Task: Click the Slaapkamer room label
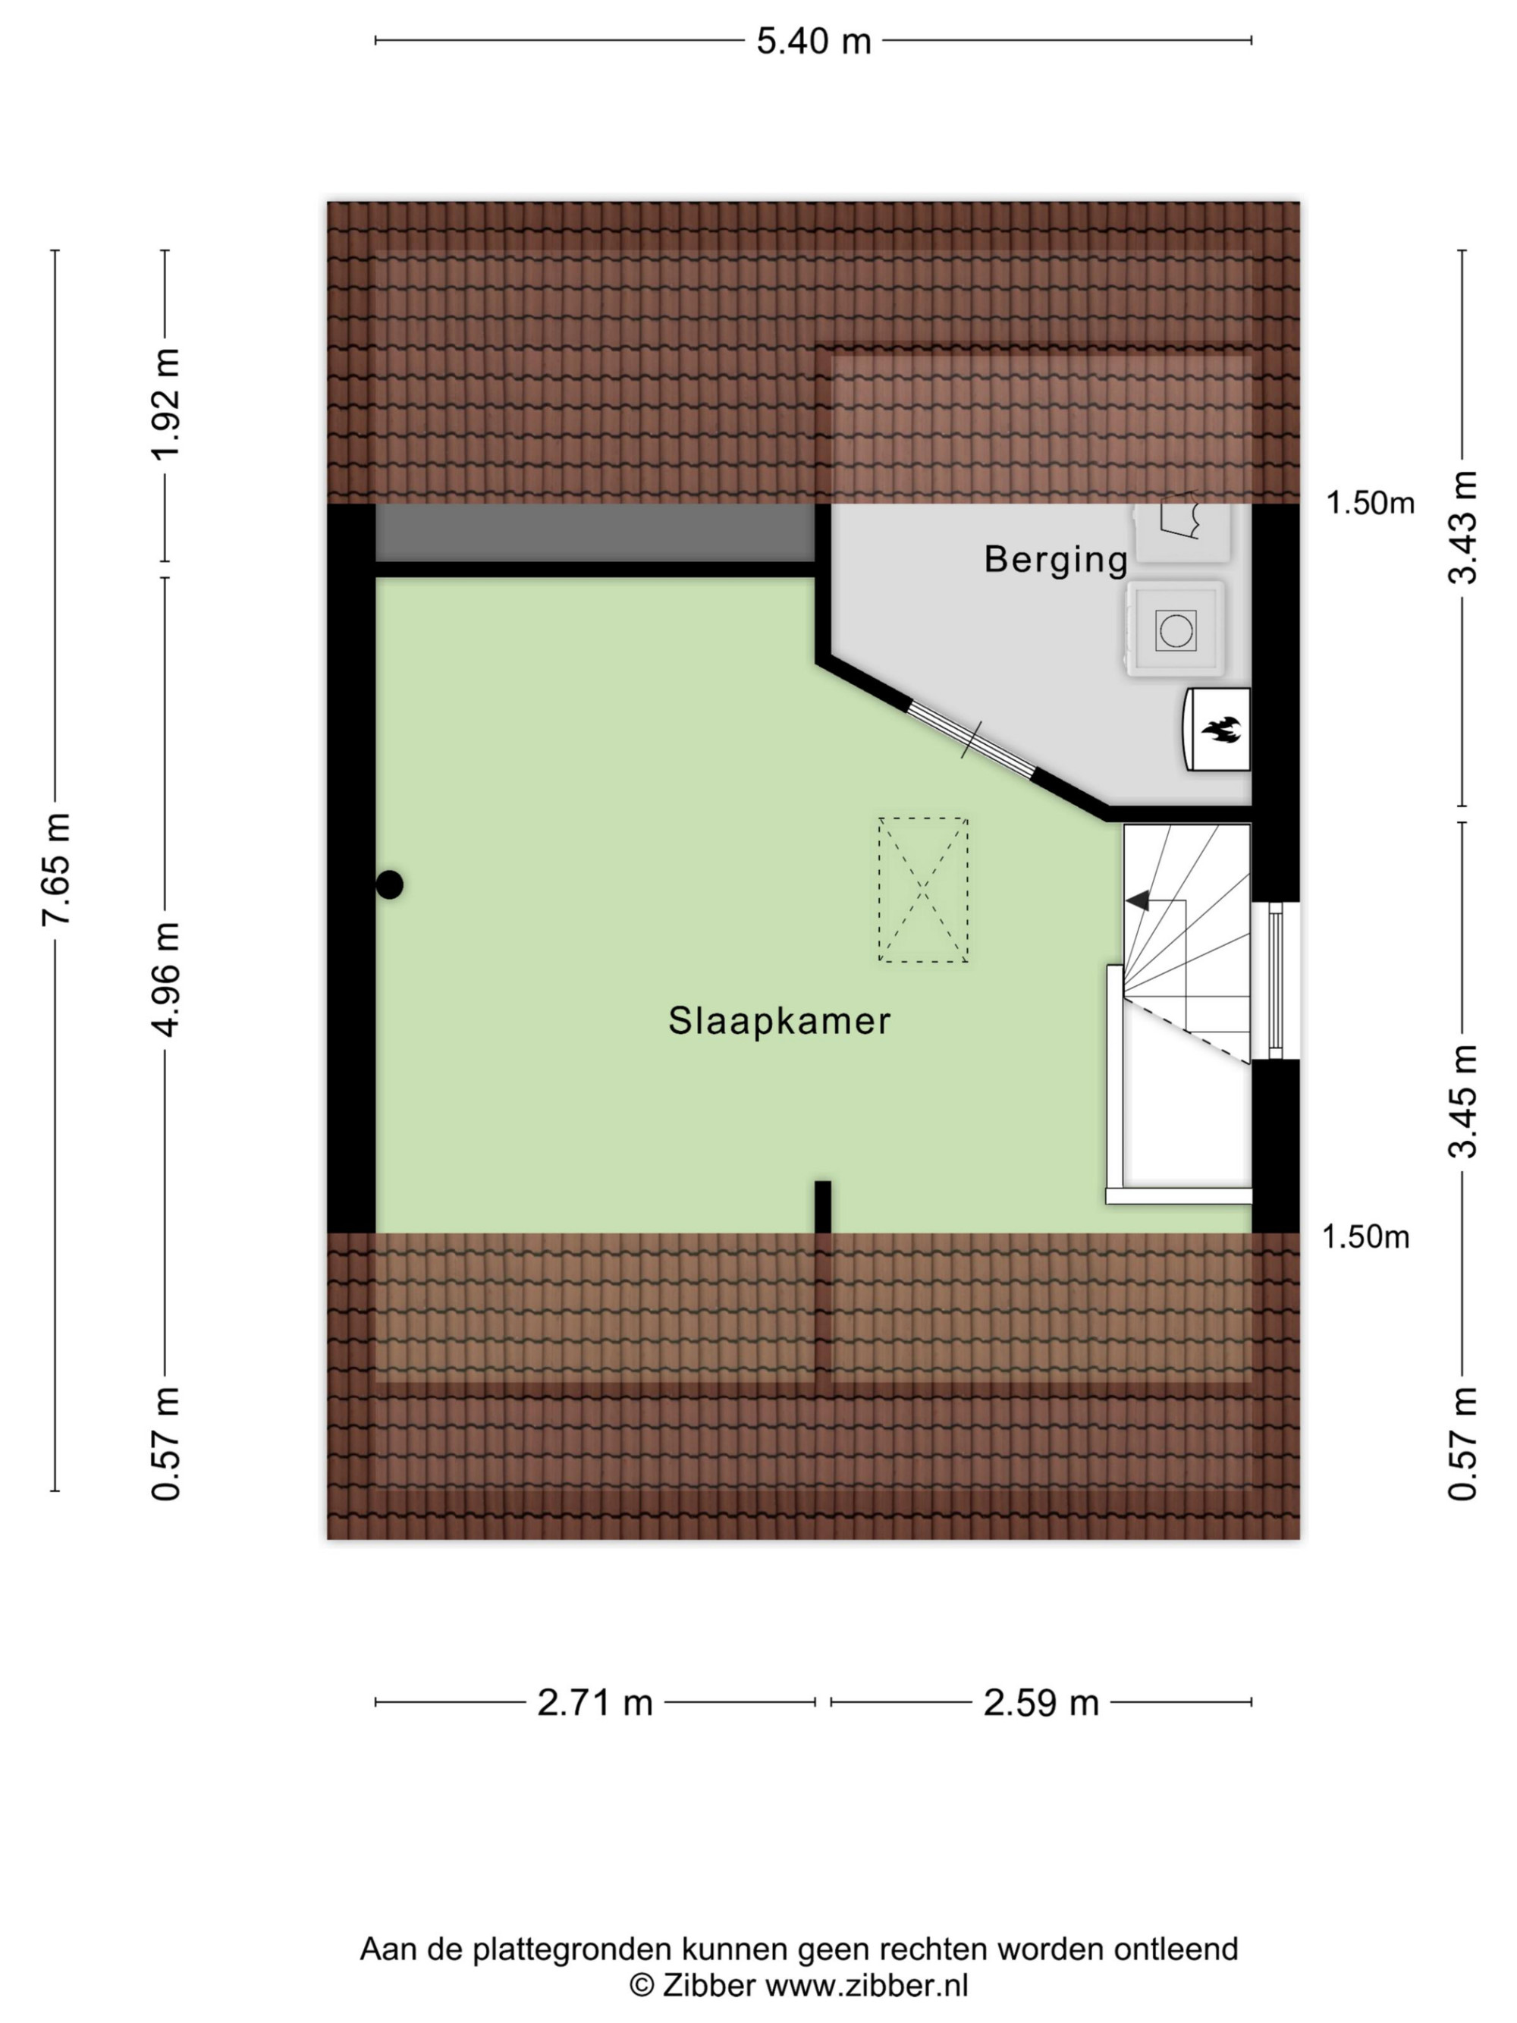click(x=779, y=1021)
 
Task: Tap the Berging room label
click(x=1055, y=560)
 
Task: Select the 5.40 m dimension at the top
click(x=813, y=41)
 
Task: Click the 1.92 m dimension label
click(x=165, y=404)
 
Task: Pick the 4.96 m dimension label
click(x=165, y=979)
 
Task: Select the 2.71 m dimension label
click(x=595, y=1702)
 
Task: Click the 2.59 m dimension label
click(x=1041, y=1702)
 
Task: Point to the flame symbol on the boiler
click(x=1219, y=729)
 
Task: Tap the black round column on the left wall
click(x=390, y=884)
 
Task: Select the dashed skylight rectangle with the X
click(x=922, y=889)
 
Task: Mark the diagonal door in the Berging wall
click(x=971, y=740)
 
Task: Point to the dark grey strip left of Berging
click(x=595, y=532)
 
